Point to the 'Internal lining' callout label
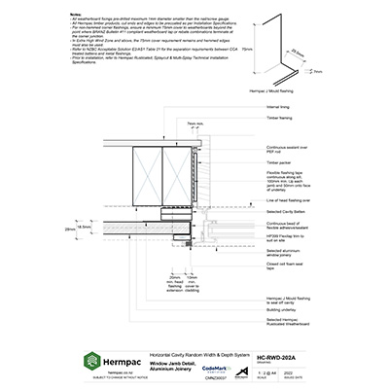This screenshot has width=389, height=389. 280,106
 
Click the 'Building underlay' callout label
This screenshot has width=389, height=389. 282,311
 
